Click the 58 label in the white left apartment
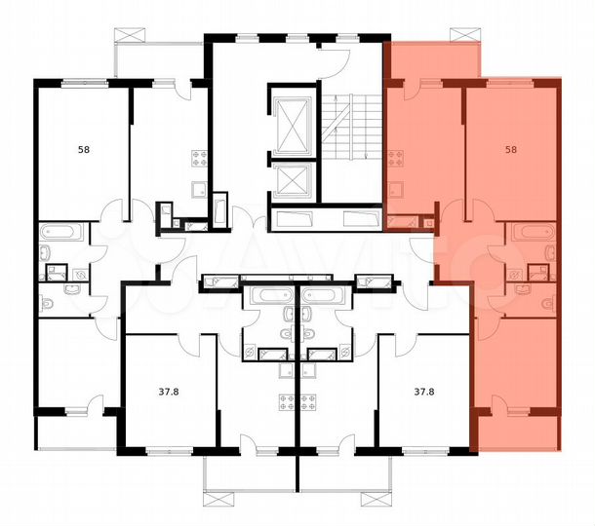point(84,149)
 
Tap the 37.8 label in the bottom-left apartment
point(174,393)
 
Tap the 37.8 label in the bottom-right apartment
point(424,393)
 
